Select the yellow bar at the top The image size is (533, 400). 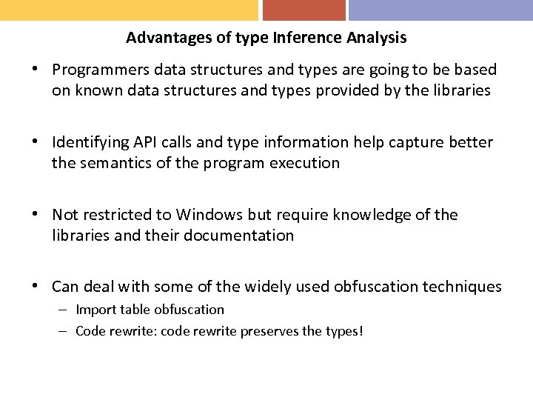(x=129, y=10)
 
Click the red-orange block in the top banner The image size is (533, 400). (x=304, y=10)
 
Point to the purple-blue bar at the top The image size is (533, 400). (x=440, y=10)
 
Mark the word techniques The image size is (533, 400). (x=462, y=287)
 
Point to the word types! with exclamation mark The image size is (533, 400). (x=343, y=331)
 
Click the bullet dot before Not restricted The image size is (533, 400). (x=35, y=215)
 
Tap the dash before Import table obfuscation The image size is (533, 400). (x=63, y=310)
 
